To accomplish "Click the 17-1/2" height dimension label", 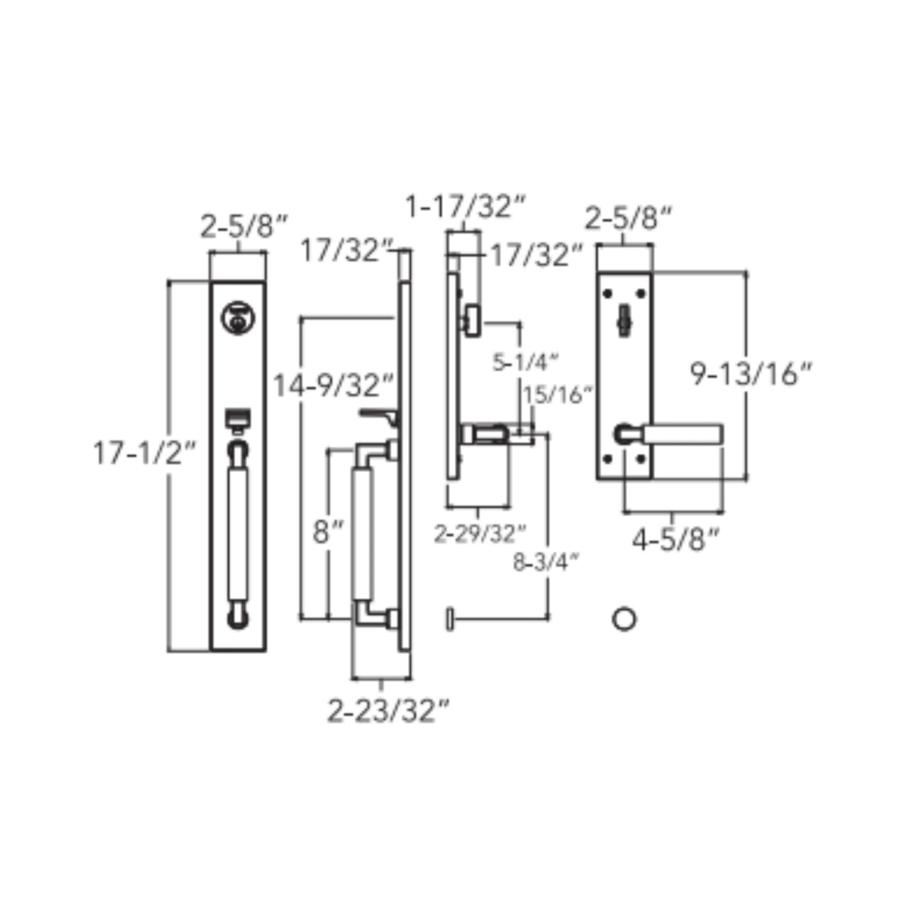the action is pos(144,453).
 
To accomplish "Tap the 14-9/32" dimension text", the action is pos(333,385).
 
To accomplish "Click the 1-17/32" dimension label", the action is pos(466,206).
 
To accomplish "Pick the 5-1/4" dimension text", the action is pos(525,362).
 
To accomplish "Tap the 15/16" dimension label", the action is pos(557,394).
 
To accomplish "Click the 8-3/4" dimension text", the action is pos(546,562).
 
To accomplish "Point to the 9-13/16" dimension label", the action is pos(751,374).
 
